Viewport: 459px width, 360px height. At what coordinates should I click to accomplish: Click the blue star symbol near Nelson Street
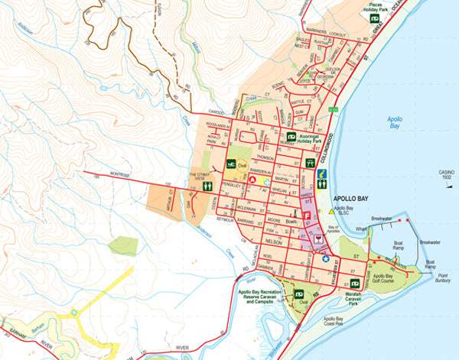(x=325, y=259)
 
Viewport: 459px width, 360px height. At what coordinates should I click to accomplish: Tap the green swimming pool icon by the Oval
(x=231, y=164)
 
